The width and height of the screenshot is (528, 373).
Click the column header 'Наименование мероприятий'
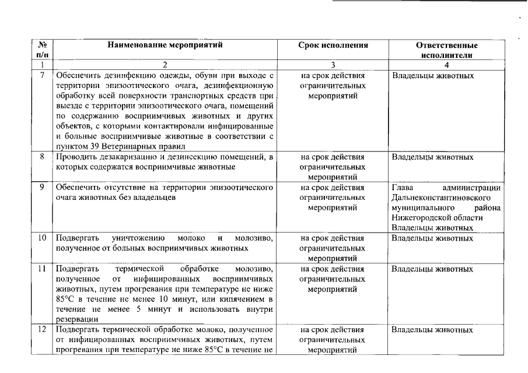[165, 44]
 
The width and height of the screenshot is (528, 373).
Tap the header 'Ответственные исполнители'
[447, 50]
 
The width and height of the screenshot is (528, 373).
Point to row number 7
[43, 76]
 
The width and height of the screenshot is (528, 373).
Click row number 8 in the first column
[43, 157]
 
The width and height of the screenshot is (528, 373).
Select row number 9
[43, 188]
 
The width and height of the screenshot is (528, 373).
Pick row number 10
[43, 238]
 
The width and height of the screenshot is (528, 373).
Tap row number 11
[43, 269]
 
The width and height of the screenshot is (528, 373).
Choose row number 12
[43, 329]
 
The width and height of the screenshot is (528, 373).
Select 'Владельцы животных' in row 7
[432, 76]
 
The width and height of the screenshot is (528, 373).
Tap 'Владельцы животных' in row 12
[432, 329]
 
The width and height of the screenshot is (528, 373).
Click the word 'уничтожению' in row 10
[138, 238]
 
